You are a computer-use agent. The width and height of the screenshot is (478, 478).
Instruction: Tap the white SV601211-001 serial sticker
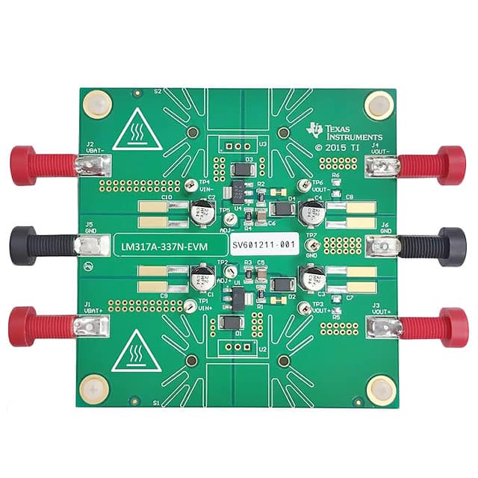click(264, 244)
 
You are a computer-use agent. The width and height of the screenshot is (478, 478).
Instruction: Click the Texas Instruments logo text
click(348, 133)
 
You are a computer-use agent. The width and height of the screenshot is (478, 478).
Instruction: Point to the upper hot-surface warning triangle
click(137, 131)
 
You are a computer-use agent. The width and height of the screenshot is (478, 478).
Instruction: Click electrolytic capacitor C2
click(202, 215)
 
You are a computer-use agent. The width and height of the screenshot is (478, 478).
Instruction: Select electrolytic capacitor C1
click(202, 280)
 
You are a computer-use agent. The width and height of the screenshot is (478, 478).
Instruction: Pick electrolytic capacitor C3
click(309, 278)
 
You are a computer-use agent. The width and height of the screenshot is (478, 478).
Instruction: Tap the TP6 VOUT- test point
click(302, 185)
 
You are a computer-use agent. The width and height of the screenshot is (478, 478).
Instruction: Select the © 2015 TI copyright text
click(348, 147)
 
